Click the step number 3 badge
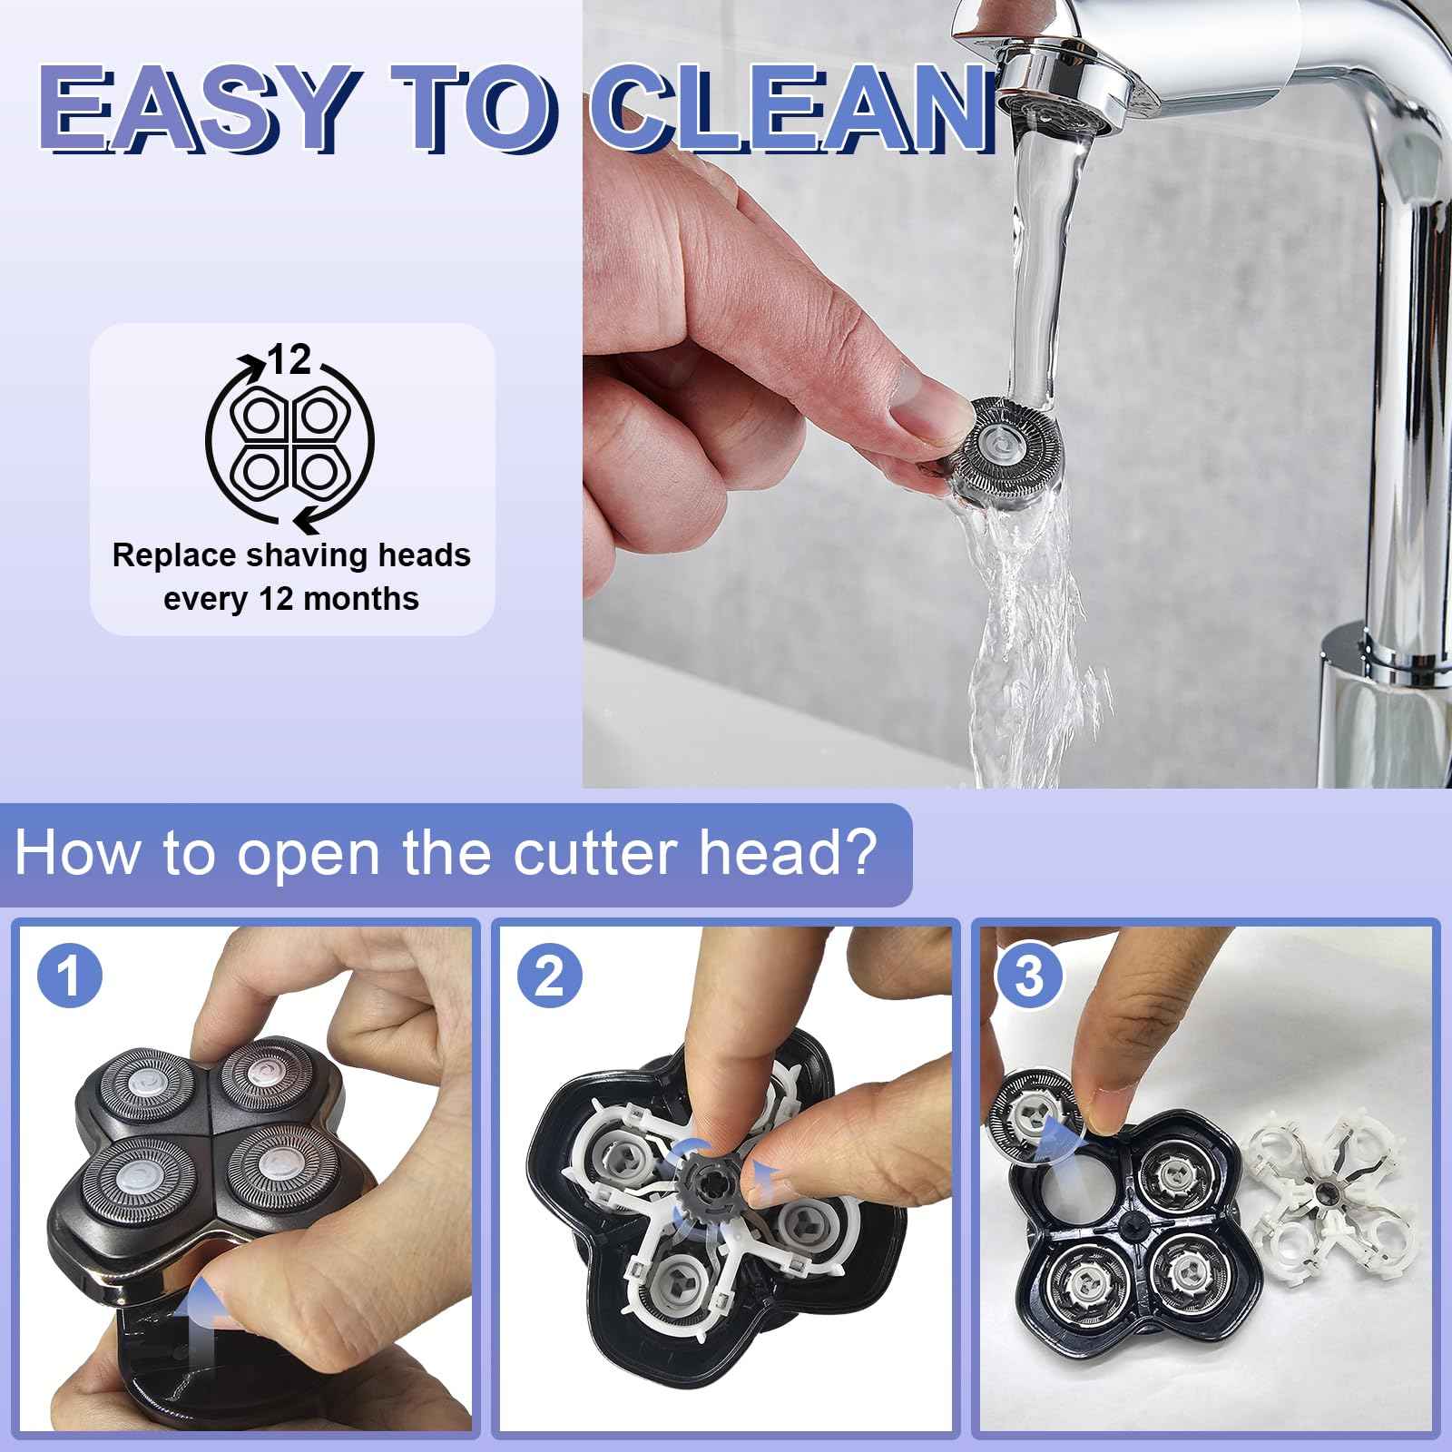[x=1029, y=978]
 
